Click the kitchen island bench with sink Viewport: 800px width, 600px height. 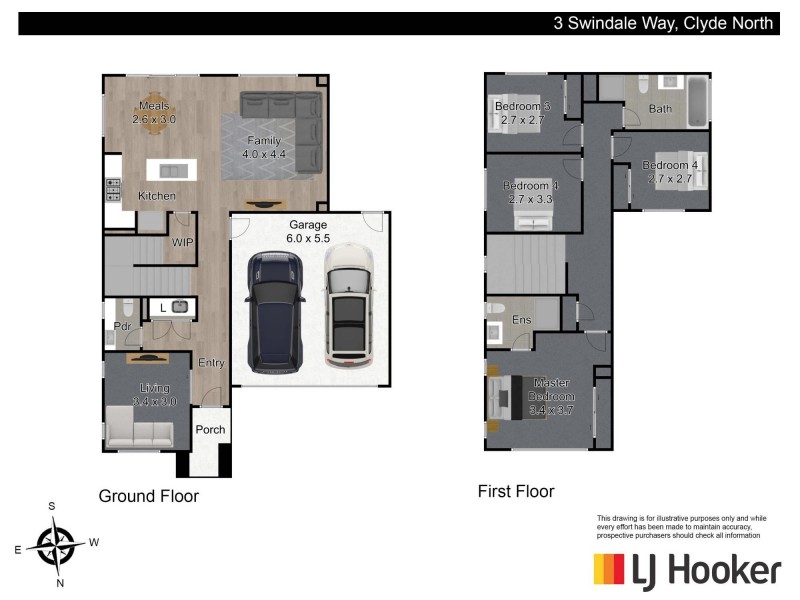point(171,169)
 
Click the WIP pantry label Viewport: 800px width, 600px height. point(182,243)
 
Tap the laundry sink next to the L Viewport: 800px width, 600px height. point(180,307)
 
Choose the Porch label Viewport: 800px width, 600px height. point(210,430)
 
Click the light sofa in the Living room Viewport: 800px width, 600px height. point(140,432)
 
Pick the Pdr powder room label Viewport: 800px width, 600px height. point(122,327)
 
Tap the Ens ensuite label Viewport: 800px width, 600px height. point(521,320)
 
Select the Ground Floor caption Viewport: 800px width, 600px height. point(148,496)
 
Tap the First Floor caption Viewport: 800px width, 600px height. point(516,491)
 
